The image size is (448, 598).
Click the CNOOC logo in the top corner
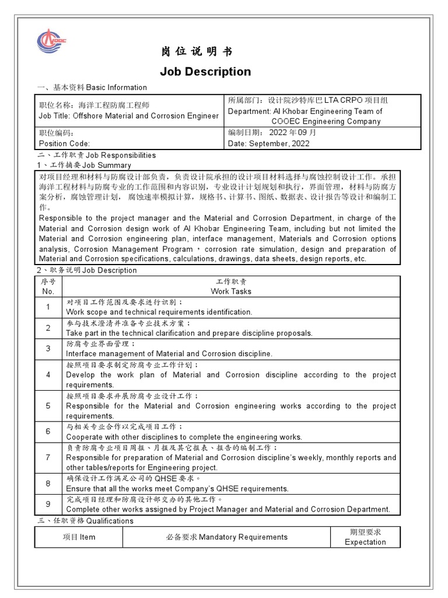coord(52,40)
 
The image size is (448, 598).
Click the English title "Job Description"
coord(205,72)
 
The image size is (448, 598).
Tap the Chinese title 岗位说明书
coord(197,52)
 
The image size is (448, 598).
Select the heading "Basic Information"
coord(117,88)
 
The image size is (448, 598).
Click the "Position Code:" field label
coord(64,144)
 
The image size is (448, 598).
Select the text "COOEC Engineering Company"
coord(325,121)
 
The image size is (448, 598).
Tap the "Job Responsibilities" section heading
coord(121,155)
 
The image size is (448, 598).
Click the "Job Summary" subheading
coord(107,165)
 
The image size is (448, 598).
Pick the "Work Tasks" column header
coord(231,291)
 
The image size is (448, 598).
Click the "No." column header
coord(48,291)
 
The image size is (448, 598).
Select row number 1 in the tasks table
coord(48,307)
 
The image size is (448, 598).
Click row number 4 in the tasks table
coord(48,374)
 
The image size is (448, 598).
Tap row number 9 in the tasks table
coord(48,504)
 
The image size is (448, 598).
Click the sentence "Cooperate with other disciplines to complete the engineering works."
coord(184,437)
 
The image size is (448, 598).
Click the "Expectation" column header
coord(365,542)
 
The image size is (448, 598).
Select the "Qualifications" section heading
coord(110,521)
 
